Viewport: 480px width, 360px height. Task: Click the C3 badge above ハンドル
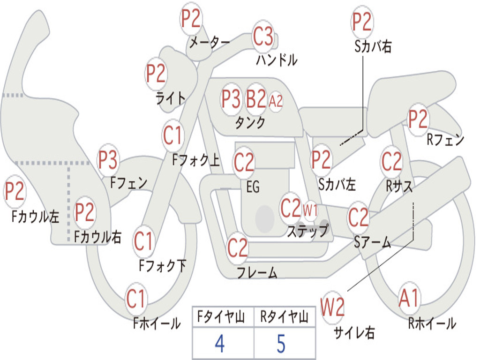click(x=263, y=36)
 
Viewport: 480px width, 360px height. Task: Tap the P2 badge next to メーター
click(x=191, y=19)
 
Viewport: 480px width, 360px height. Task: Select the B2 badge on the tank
click(x=256, y=99)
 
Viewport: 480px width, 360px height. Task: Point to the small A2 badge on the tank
click(x=276, y=101)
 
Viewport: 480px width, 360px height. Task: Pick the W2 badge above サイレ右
click(x=333, y=307)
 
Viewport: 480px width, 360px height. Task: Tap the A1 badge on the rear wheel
click(x=409, y=298)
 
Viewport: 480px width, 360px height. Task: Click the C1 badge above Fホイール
click(x=136, y=299)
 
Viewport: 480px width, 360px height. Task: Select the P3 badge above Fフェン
click(x=108, y=160)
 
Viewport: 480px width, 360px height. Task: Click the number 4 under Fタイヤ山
click(x=219, y=344)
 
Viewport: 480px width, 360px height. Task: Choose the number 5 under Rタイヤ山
click(x=281, y=344)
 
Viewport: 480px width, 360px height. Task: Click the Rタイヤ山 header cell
click(x=284, y=318)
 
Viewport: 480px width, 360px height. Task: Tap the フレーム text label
click(x=257, y=272)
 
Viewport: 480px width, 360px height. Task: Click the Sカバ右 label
click(x=373, y=47)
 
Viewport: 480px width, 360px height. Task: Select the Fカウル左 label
click(x=36, y=216)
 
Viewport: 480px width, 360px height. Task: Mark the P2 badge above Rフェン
click(x=418, y=120)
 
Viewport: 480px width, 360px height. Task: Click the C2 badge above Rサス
click(x=391, y=162)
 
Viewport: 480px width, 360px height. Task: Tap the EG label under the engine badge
click(x=253, y=187)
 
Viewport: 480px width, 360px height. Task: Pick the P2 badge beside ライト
click(x=156, y=74)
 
